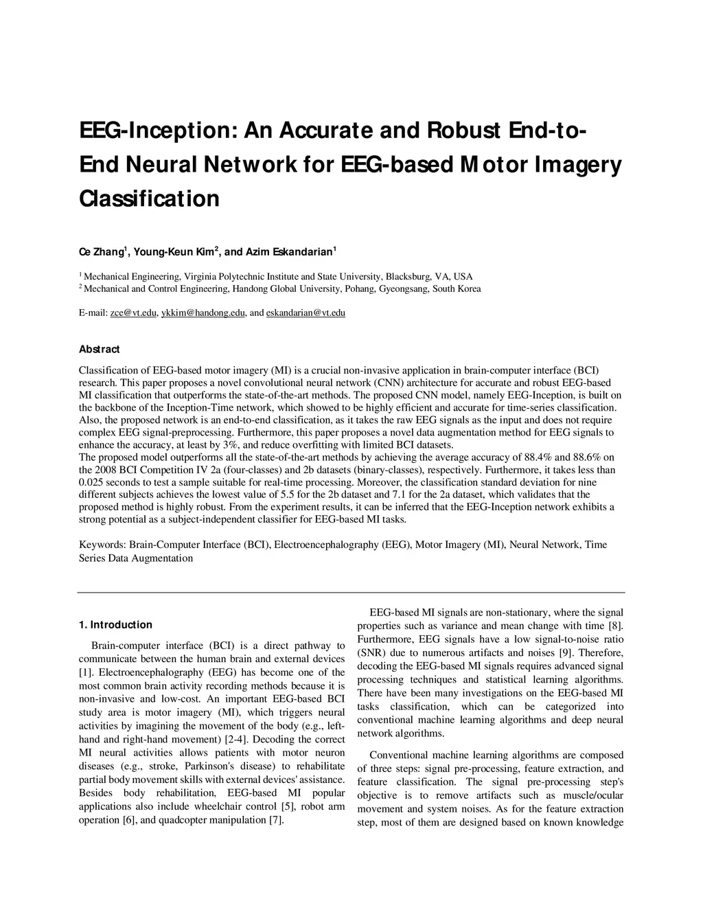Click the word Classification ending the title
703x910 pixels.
click(150, 198)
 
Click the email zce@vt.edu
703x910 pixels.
click(134, 313)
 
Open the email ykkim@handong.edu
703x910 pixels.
click(203, 313)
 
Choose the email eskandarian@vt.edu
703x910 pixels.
click(306, 313)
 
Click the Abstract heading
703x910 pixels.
click(100, 349)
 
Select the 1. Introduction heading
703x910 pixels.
click(115, 624)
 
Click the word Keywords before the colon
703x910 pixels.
click(102, 545)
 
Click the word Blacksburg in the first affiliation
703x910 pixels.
click(408, 276)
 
